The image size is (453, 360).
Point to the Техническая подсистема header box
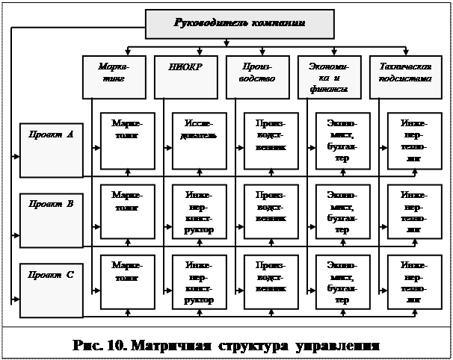click(405, 76)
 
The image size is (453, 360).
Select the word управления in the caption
click(339, 346)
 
